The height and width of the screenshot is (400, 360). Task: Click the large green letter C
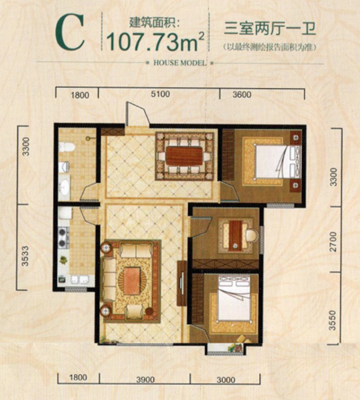(x=70, y=32)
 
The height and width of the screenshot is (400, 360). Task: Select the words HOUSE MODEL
(x=179, y=63)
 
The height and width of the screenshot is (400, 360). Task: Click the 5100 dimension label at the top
(x=160, y=94)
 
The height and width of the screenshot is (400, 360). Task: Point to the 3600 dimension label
(x=242, y=95)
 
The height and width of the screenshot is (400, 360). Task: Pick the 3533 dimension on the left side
(x=25, y=256)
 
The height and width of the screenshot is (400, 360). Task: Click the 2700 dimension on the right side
(x=333, y=242)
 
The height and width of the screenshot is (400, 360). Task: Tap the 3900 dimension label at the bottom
(x=145, y=380)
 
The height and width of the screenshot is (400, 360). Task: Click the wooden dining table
(x=184, y=156)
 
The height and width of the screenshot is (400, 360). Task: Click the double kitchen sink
(x=80, y=279)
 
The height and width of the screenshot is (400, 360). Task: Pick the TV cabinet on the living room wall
(x=182, y=283)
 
